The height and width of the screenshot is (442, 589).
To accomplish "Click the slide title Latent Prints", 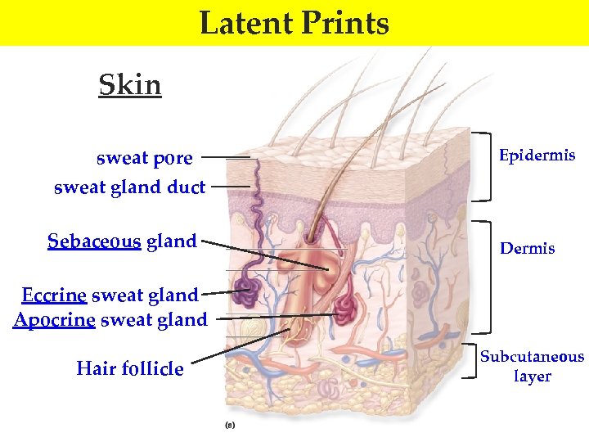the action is [x=294, y=23].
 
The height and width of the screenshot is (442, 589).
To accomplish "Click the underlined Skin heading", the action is [x=130, y=84].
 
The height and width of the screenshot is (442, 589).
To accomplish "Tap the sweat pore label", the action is [x=145, y=157].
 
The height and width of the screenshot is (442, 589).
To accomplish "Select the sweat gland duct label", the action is [x=129, y=187].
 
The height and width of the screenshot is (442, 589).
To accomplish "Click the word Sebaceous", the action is [x=94, y=241].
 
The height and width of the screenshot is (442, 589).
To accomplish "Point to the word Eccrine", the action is [x=54, y=295].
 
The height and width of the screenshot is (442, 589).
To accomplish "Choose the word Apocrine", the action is [x=55, y=319].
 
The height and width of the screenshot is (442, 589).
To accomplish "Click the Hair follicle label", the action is [x=130, y=369].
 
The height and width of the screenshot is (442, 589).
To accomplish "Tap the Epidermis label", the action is [x=537, y=156].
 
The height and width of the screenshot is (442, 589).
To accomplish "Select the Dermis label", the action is [x=527, y=248].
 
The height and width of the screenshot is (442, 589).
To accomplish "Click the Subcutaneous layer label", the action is [x=532, y=366].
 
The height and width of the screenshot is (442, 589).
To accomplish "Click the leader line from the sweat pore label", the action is [x=225, y=156].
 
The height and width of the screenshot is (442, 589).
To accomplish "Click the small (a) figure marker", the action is [x=230, y=425].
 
